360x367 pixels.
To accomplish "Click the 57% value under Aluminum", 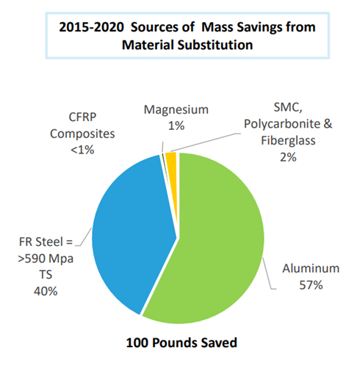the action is point(311,285).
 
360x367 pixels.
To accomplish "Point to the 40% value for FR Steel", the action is point(46,291).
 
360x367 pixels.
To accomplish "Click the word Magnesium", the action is point(176,109).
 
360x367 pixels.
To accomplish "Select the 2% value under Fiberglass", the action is point(288,157).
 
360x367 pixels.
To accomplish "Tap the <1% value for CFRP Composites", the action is point(82,150).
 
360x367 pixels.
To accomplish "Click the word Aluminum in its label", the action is point(311,269).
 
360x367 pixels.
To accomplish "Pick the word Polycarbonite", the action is point(282,124).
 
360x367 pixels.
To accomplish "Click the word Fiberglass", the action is point(288,140).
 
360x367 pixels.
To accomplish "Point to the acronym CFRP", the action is point(82,117).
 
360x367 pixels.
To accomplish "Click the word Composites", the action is point(82,134).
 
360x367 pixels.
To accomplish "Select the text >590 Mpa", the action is point(46,258).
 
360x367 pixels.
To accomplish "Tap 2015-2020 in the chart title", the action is point(91,27).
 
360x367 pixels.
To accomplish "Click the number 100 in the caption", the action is point(137,343).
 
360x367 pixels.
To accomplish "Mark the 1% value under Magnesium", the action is point(176,126).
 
